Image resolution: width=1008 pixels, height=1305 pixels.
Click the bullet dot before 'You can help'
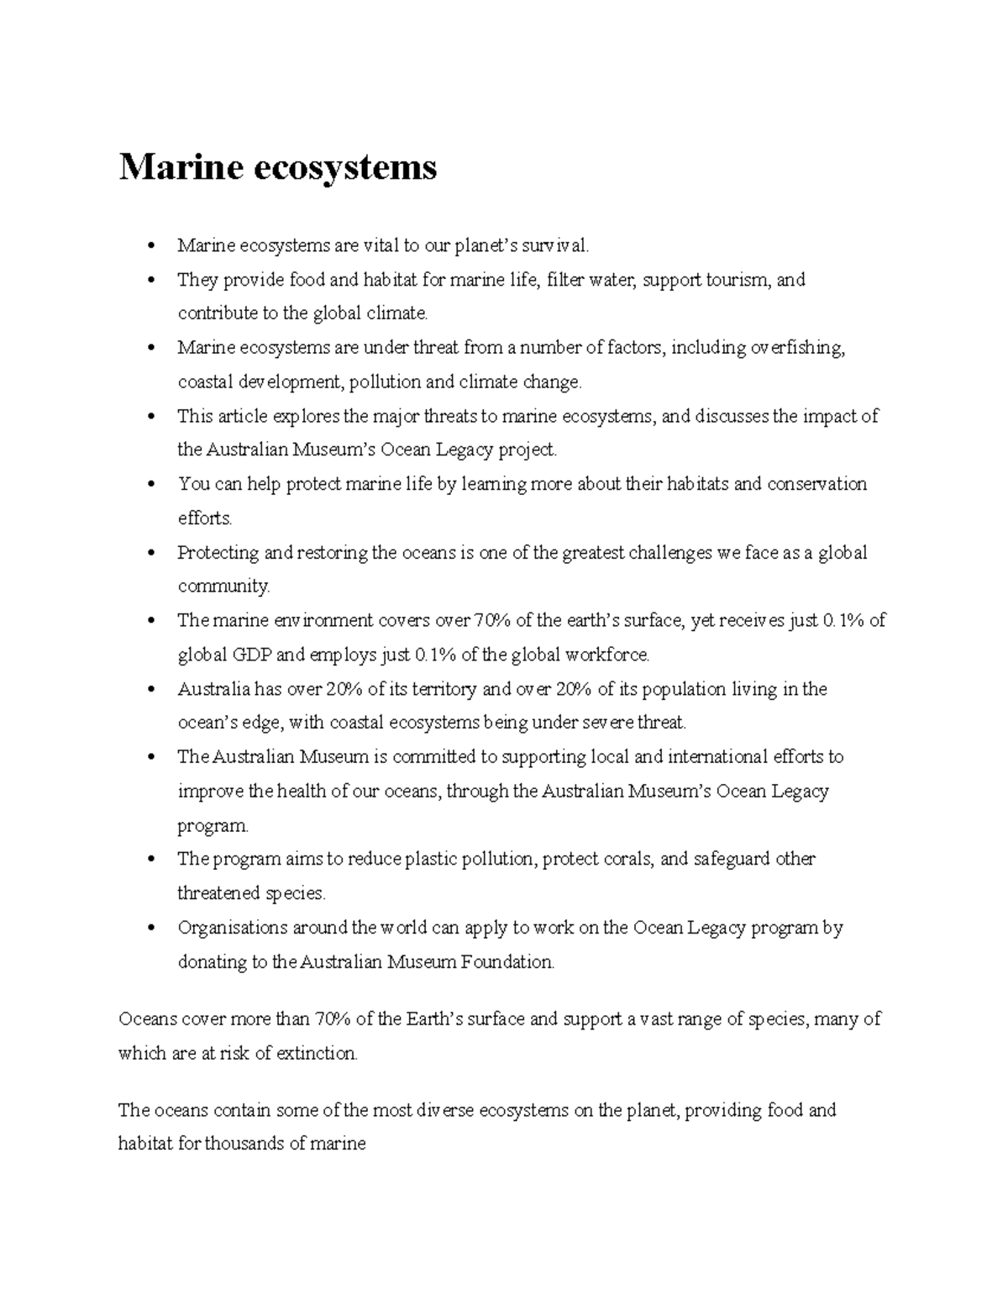pyautogui.click(x=150, y=485)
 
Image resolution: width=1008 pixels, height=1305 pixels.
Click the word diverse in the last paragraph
pyautogui.click(x=445, y=1110)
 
